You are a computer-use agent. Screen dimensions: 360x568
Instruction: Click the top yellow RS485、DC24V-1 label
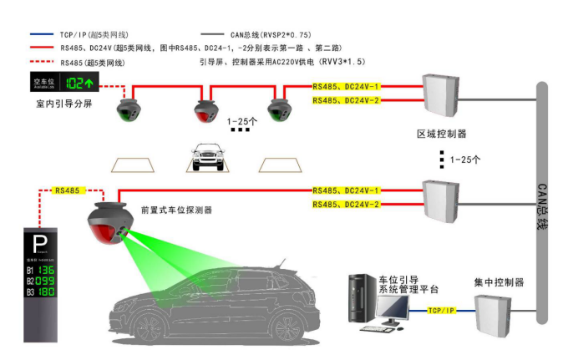[x=346, y=86]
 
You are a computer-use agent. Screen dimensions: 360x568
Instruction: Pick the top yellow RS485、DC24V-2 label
[x=346, y=100]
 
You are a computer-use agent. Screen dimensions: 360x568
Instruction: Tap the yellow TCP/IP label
[x=440, y=310]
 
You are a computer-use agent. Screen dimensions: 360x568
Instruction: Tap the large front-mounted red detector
[x=109, y=224]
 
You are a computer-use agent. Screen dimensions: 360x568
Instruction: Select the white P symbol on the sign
[x=38, y=245]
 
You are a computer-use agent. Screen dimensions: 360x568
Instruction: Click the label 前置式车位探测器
[x=176, y=210]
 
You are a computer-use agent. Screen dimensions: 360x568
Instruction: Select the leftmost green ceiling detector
[x=129, y=109]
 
